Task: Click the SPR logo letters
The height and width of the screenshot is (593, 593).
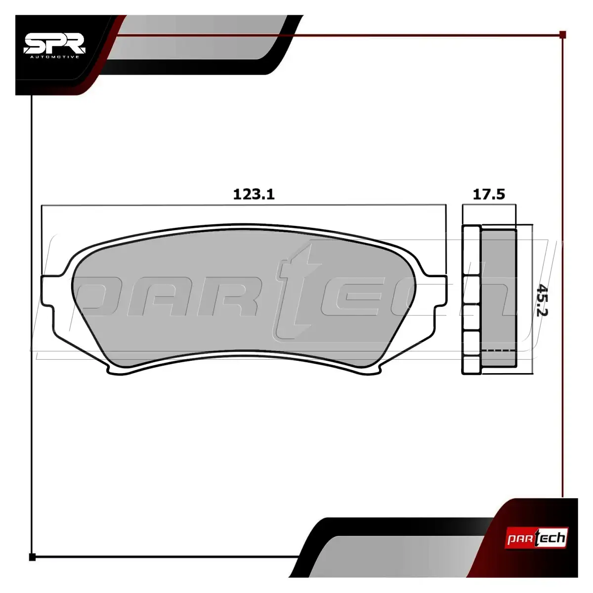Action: (54, 43)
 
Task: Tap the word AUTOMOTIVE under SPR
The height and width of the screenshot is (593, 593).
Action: (54, 57)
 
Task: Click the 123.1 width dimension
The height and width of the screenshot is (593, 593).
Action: (254, 195)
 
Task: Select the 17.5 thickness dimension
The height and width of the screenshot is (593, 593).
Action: (489, 195)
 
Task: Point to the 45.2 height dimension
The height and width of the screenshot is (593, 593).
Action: (542, 300)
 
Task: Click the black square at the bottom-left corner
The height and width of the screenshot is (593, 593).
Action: (32, 557)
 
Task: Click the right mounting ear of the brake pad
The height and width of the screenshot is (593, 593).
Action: (439, 290)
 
